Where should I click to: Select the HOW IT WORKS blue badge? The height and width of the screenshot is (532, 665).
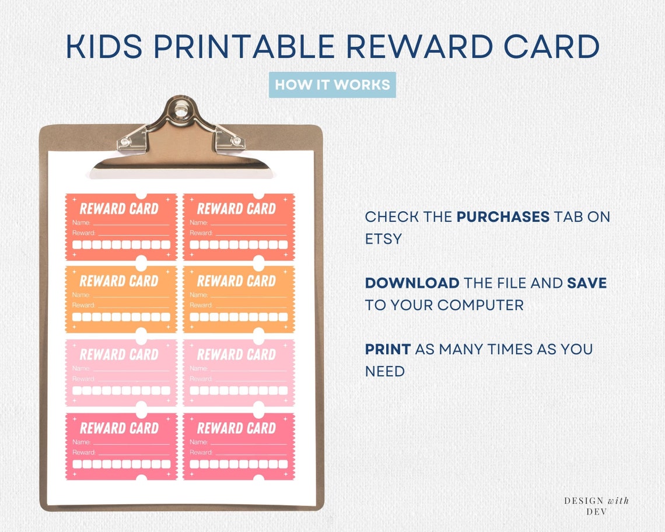click(332, 85)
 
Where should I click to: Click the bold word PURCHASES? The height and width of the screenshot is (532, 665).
click(503, 217)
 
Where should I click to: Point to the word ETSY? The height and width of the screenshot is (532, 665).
click(383, 239)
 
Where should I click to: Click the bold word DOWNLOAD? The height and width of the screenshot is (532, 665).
click(412, 283)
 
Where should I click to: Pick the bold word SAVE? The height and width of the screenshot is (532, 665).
click(587, 283)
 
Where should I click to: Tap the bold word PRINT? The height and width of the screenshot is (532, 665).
click(387, 349)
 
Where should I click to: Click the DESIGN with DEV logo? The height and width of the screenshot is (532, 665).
click(596, 505)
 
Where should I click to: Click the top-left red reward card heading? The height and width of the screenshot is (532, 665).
click(119, 208)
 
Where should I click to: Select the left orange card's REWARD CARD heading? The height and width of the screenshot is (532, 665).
click(119, 281)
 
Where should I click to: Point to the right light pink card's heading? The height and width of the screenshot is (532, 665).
click(236, 354)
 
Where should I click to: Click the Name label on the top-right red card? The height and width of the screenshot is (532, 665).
click(198, 222)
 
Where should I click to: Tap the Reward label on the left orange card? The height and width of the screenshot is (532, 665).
click(83, 305)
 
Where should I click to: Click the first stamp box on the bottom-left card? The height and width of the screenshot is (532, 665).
click(77, 464)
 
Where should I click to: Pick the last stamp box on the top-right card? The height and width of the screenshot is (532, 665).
click(283, 244)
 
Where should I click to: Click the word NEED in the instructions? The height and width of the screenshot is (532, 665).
click(384, 371)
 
